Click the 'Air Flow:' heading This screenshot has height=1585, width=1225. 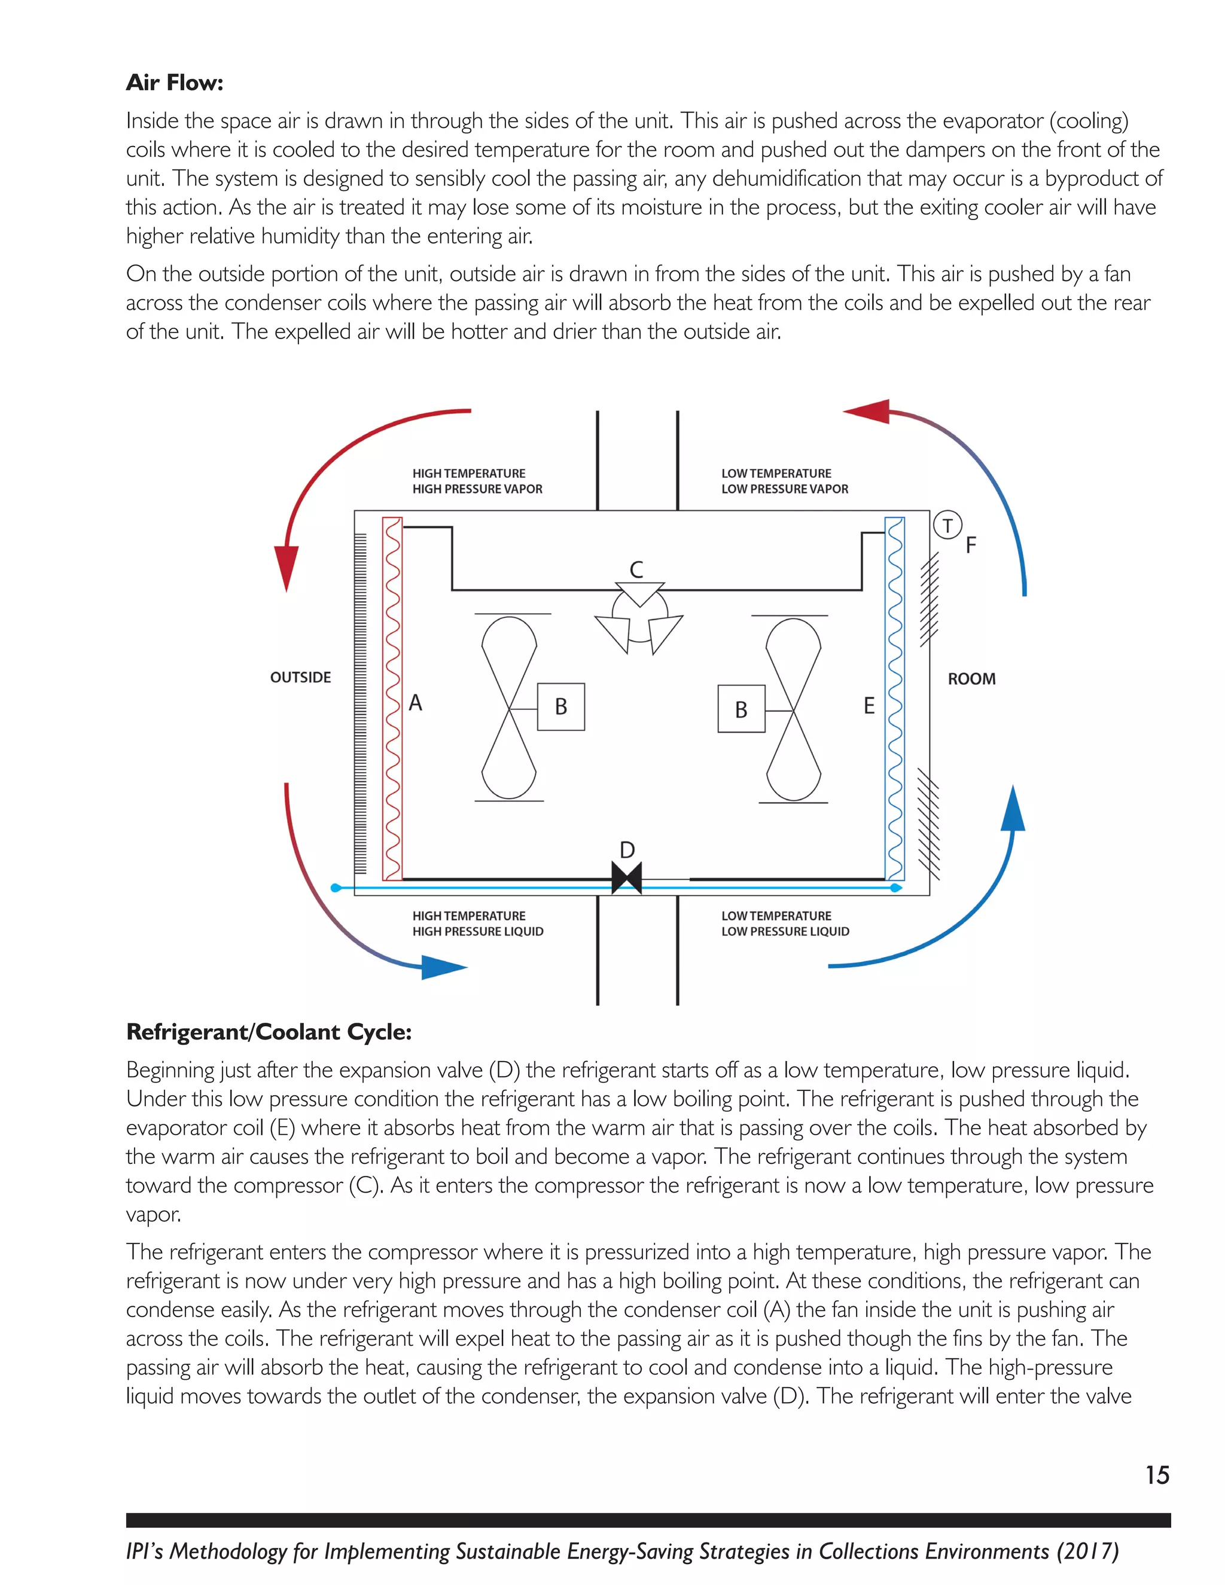coord(174,83)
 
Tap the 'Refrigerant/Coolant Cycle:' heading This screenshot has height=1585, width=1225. coord(269,1032)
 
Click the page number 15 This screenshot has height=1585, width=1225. coord(1157,1476)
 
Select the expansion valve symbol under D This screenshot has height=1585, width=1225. coord(627,878)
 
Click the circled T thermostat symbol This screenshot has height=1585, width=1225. coord(947,525)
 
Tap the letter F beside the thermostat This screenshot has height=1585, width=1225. coord(971,545)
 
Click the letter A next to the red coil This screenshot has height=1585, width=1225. coord(415,703)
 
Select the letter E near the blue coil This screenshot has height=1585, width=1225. coord(869,705)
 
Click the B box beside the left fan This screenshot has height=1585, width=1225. coord(561,707)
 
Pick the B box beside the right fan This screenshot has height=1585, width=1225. coord(741,709)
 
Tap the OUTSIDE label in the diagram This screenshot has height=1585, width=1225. coord(300,678)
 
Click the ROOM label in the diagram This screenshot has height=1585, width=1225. coord(972,679)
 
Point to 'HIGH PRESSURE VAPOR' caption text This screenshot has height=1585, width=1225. coord(477,489)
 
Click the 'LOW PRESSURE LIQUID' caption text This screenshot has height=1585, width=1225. coord(785,932)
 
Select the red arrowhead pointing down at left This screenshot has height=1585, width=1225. coord(287,566)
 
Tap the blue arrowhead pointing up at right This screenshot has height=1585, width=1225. coord(1013,809)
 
